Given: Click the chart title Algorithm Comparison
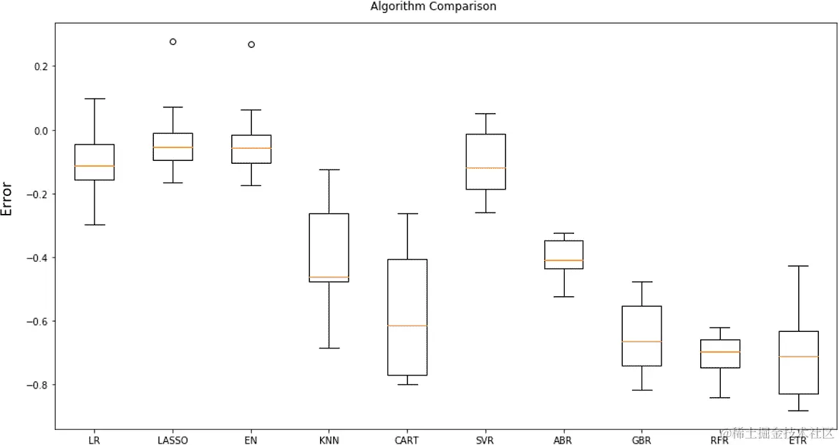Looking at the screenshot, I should pos(432,6).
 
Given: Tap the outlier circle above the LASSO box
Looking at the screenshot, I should pos(173,41).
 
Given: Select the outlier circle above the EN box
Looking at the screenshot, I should pos(251,44).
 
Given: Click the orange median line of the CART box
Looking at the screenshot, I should pos(407,326).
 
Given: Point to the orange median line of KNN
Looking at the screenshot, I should pos(329,277).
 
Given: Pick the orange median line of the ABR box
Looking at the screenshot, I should pos(563,260).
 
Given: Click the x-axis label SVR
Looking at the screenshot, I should pos(485,440).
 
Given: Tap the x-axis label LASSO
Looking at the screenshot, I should pos(173,440).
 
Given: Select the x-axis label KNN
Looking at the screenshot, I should pos(329,440).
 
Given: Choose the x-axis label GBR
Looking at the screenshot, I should pos(641,440).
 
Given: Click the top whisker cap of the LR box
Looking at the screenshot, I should pos(94,99).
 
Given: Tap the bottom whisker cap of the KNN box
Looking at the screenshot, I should pos(329,348).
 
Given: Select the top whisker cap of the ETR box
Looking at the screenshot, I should pos(797,266).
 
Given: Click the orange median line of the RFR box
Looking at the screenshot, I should pos(719,352).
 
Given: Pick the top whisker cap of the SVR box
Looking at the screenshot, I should pos(485,114).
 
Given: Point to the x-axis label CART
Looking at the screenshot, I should pos(407,440).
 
